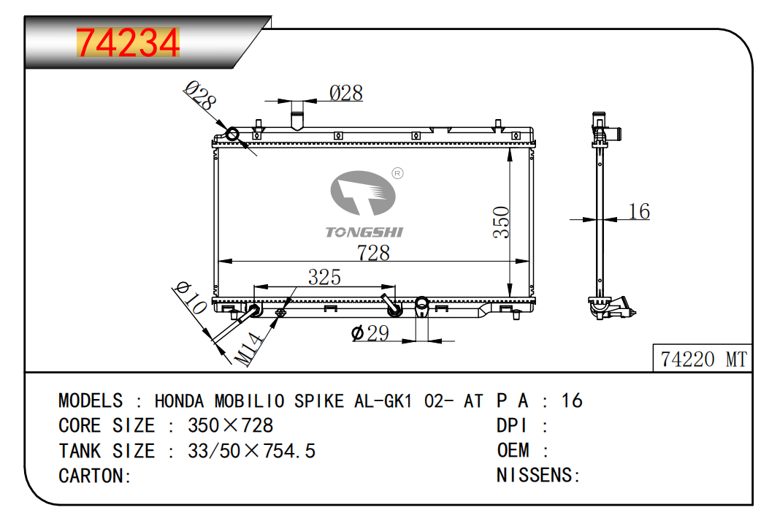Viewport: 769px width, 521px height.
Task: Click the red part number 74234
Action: coord(128,44)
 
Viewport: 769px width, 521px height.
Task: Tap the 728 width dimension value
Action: coord(373,252)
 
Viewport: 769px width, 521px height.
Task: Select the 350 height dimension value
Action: coord(501,222)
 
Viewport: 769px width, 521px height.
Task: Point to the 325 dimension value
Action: coord(324,278)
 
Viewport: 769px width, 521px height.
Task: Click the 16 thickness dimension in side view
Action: coord(638,212)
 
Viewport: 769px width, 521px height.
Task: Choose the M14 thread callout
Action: coord(247,349)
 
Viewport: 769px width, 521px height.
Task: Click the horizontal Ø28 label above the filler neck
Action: coord(345,94)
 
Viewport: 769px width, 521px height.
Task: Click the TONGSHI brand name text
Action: coord(364,232)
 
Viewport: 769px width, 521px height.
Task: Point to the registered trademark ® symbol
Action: coord(397,173)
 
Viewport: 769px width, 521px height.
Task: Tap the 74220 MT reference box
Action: coord(703,360)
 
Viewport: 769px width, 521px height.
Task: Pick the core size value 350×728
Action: coord(230,425)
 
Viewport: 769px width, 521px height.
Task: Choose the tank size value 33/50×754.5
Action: coord(251,450)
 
